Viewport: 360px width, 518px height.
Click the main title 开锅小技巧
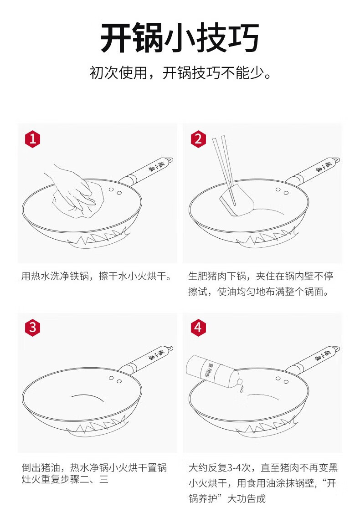pyautogui.click(x=180, y=38)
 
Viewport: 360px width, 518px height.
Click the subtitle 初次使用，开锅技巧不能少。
pyautogui.click(x=180, y=73)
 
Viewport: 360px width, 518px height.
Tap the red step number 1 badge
pyautogui.click(x=32, y=139)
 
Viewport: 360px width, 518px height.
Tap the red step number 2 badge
pyautogui.click(x=198, y=139)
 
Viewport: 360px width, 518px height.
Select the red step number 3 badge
pyautogui.click(x=32, y=328)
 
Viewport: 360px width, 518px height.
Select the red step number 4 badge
pyautogui.click(x=198, y=328)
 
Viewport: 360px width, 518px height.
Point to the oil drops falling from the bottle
pyautogui.click(x=242, y=389)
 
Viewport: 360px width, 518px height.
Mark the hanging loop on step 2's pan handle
pyautogui.click(x=337, y=160)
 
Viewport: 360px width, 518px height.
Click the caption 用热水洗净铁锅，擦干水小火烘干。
pyautogui.click(x=97, y=276)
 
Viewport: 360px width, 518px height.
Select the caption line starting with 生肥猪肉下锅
pyautogui.click(x=261, y=276)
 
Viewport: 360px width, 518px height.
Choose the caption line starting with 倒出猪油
pyautogui.click(x=94, y=468)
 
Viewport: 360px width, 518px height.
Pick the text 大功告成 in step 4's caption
pyautogui.click(x=246, y=498)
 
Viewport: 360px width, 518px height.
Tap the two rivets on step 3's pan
pyautogui.click(x=115, y=379)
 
